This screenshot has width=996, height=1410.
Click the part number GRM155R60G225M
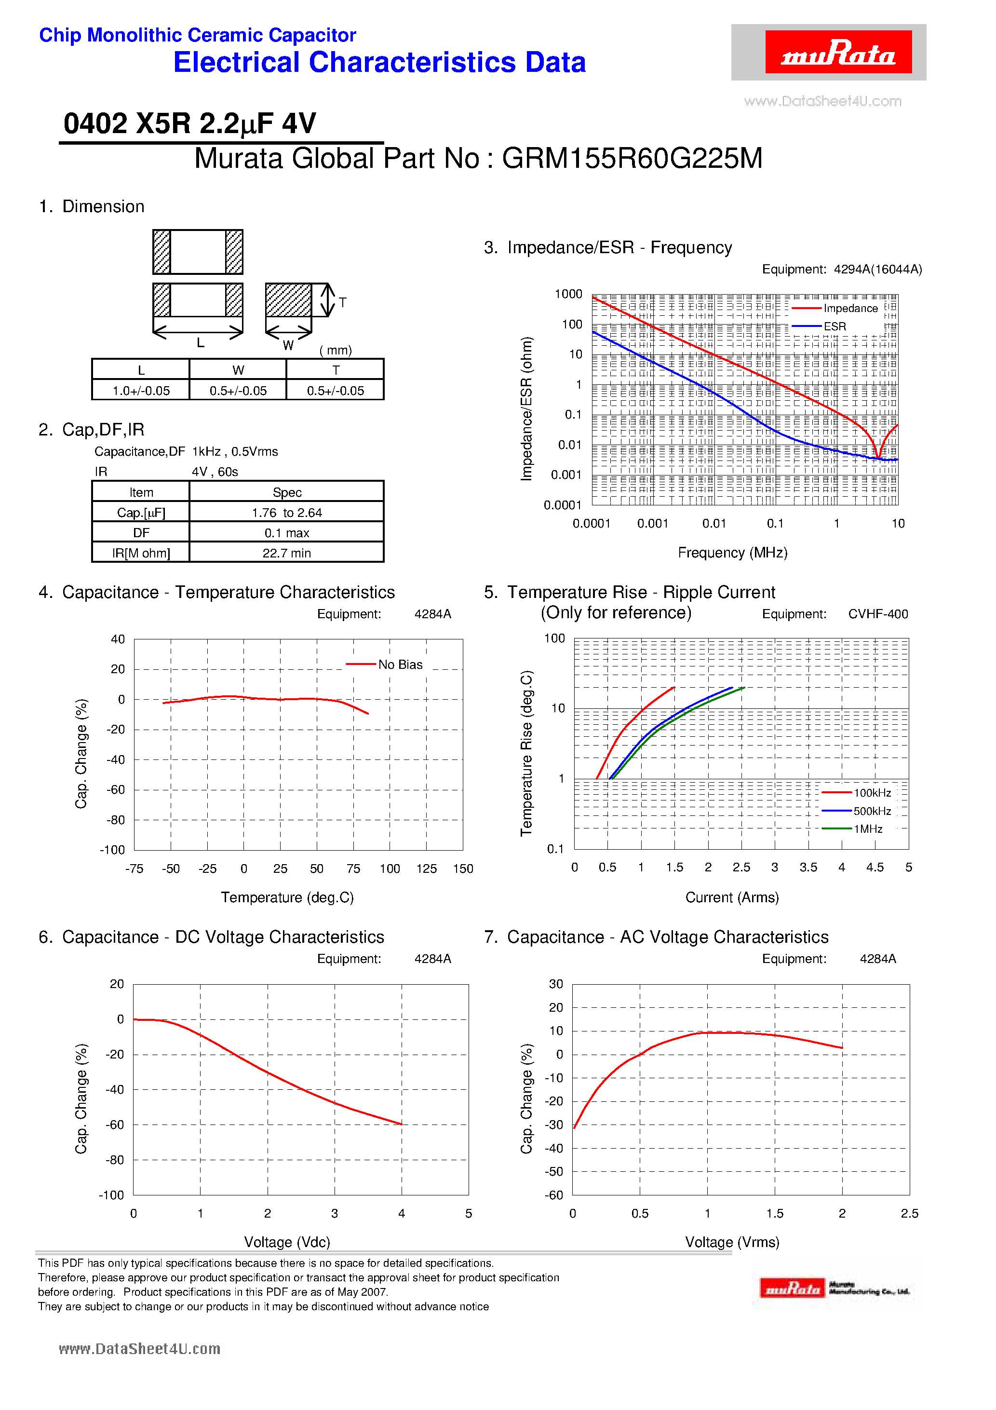(x=632, y=159)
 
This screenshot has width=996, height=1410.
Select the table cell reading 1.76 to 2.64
(x=286, y=512)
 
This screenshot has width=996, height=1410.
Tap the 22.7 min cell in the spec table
(x=286, y=553)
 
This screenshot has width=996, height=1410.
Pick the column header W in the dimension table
(x=238, y=370)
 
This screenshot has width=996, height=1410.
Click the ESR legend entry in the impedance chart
(x=834, y=326)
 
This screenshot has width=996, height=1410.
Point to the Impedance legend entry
(x=850, y=308)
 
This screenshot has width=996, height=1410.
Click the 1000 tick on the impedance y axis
(x=568, y=294)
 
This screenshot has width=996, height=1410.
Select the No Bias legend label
(x=400, y=664)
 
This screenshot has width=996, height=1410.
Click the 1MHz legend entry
(x=868, y=829)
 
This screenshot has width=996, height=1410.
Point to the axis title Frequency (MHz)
(x=732, y=553)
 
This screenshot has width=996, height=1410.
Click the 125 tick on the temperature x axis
(x=426, y=868)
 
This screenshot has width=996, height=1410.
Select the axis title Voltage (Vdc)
(x=287, y=1242)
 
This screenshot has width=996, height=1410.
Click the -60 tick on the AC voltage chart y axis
(x=554, y=1195)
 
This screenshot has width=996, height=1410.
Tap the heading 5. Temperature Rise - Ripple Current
(x=630, y=592)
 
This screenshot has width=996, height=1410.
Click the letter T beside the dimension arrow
(x=343, y=302)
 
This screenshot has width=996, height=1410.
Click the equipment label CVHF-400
(x=877, y=614)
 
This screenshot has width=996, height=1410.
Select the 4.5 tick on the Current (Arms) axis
(x=875, y=867)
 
